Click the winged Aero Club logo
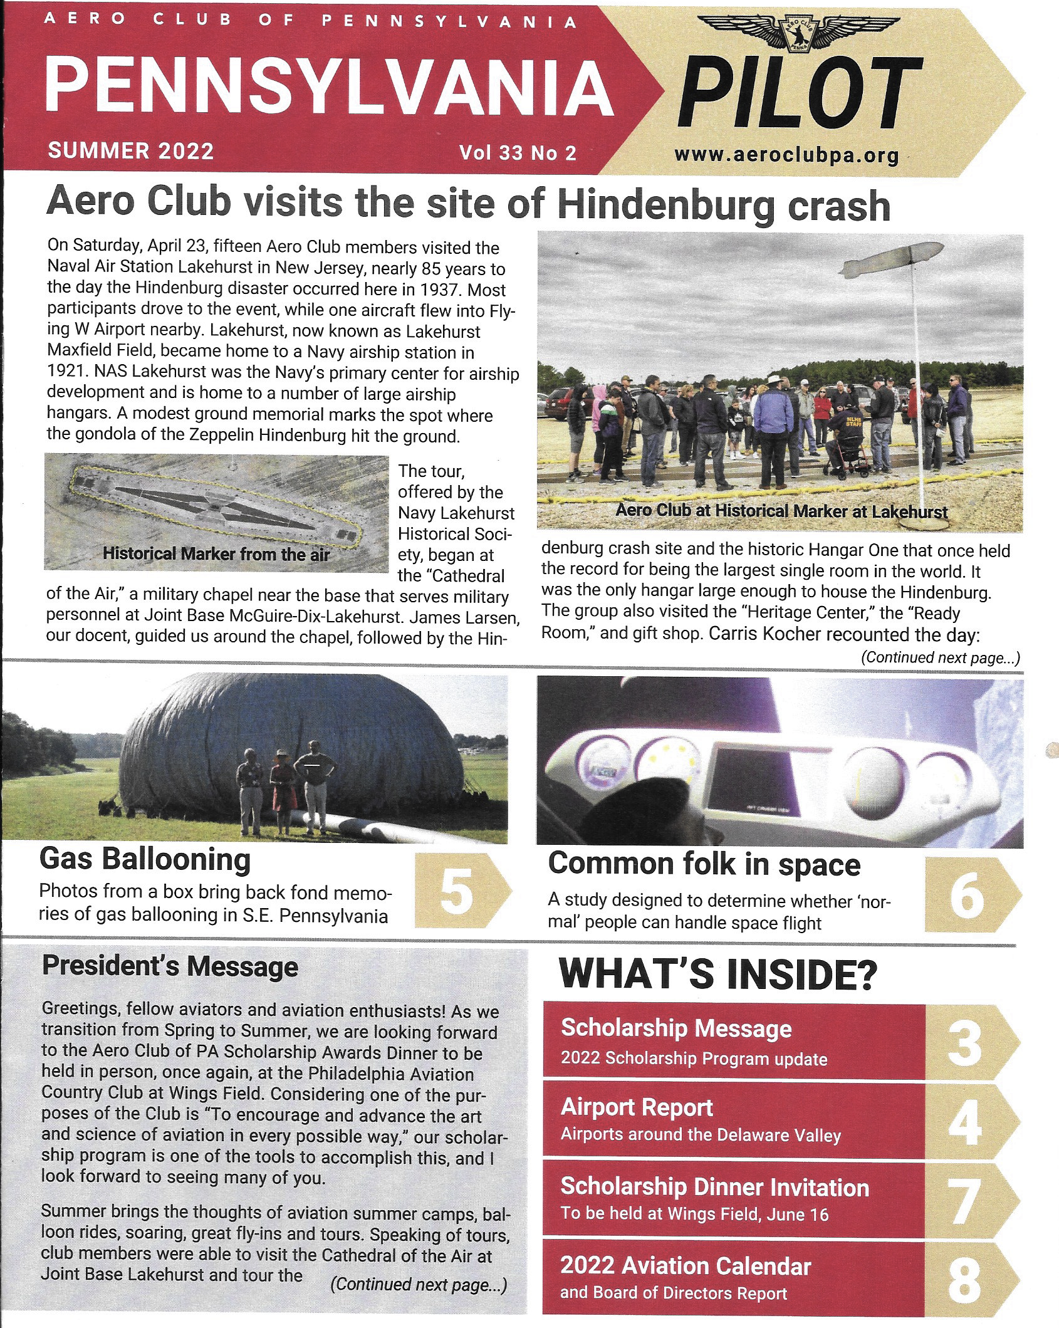795,34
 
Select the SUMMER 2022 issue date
130,151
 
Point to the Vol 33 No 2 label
518,152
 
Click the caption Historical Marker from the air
216,553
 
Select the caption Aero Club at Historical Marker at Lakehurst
781,511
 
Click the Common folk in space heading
704,865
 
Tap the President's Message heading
170,966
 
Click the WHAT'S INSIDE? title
717,974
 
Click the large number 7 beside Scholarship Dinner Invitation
966,1200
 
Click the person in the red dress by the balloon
283,791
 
